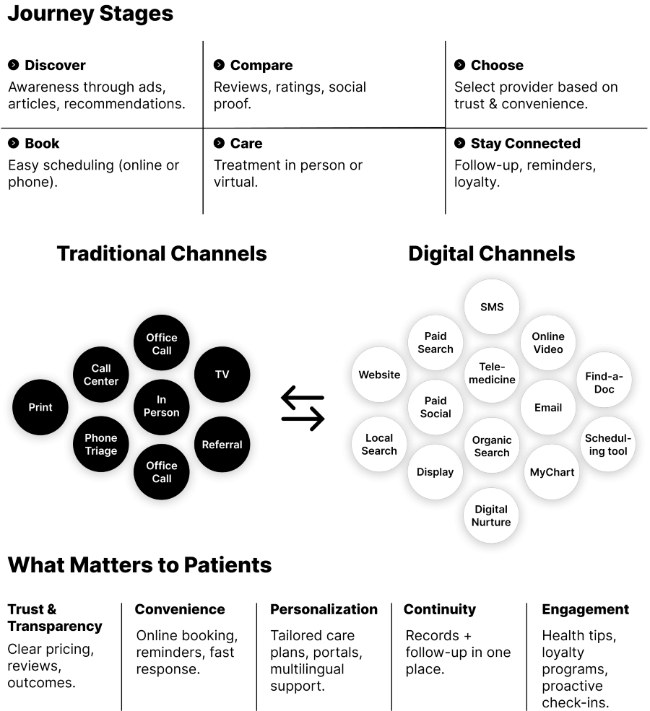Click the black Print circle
[40, 407]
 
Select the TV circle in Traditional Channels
[222, 375]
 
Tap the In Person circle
[162, 406]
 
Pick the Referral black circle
[222, 445]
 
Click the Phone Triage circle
[101, 444]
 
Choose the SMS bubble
[492, 307]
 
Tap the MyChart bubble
[552, 472]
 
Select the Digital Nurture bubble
[491, 515]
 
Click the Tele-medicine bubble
[492, 373]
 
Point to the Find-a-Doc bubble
[604, 383]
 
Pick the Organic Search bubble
[492, 446]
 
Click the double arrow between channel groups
[303, 408]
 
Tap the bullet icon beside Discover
[14, 65]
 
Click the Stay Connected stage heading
[525, 144]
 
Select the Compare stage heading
[261, 66]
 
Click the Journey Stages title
[90, 14]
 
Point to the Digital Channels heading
[491, 253]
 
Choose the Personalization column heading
[324, 609]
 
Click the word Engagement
[585, 609]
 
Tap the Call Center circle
[101, 375]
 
